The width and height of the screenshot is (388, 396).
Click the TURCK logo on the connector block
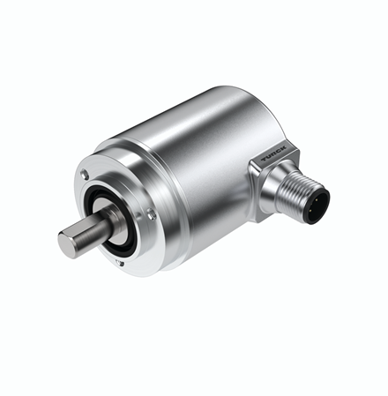pyautogui.click(x=274, y=153)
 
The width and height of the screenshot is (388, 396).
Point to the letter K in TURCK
pyautogui.click(x=283, y=148)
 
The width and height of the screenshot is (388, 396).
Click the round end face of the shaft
pyautogui.click(x=66, y=244)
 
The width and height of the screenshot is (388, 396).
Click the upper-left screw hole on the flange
pyautogui.click(x=86, y=174)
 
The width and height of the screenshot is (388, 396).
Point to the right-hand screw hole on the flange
pyautogui.click(x=151, y=213)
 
